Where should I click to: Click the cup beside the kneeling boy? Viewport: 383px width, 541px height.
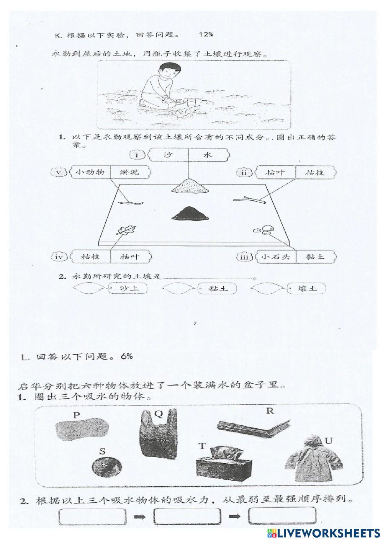[191, 103]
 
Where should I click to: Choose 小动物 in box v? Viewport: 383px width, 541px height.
[90, 172]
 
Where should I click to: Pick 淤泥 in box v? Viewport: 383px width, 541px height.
[129, 172]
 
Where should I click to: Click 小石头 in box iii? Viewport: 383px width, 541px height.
[275, 257]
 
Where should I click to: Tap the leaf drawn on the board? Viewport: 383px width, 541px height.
[124, 230]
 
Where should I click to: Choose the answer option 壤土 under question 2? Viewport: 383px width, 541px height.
[307, 289]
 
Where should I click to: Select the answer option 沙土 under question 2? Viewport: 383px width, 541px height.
[129, 289]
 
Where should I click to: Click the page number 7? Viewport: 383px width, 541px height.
[195, 324]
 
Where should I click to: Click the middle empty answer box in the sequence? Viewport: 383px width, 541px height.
[187, 516]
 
